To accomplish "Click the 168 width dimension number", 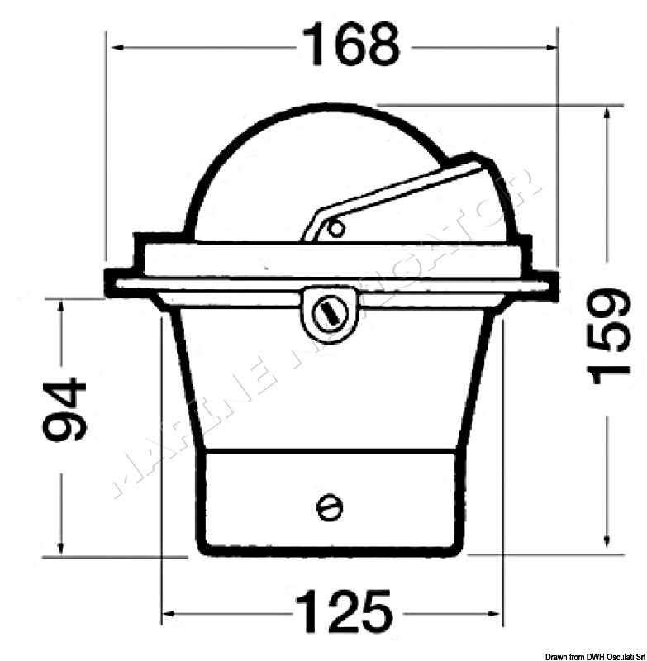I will pyautogui.click(x=351, y=45).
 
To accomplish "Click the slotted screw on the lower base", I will pyautogui.click(x=329, y=507).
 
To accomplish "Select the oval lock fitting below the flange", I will pyautogui.click(x=328, y=312).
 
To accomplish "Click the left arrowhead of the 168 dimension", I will pyautogui.click(x=117, y=47).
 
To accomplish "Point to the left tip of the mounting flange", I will pyautogui.click(x=108, y=283).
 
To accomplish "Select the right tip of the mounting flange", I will pyautogui.click(x=553, y=283).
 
